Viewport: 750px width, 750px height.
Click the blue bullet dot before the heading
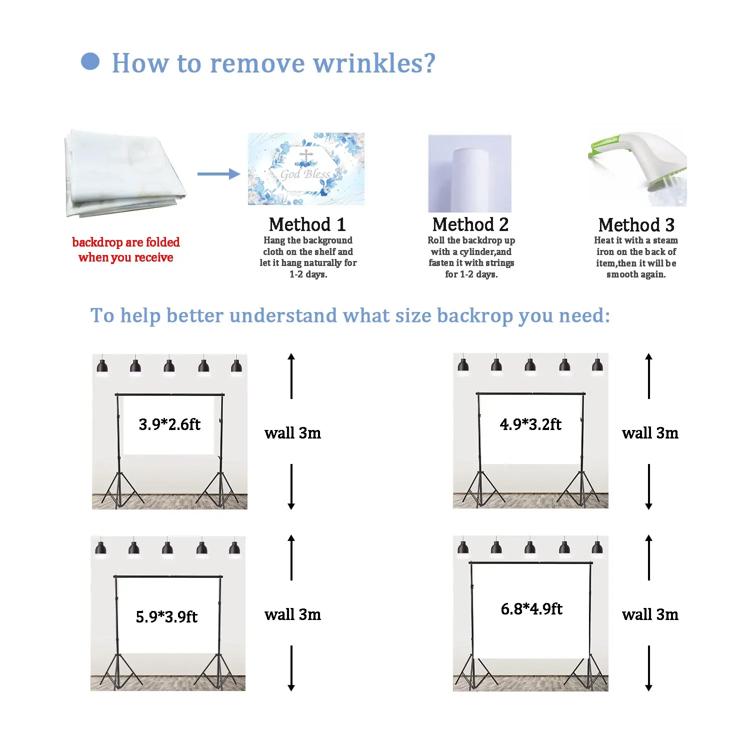coord(90,61)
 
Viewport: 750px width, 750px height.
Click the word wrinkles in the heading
coord(374,63)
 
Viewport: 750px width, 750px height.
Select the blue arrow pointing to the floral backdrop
coord(218,174)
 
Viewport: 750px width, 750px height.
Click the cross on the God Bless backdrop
coord(306,156)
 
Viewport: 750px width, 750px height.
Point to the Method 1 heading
coord(307,224)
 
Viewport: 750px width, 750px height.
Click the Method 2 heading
coord(470,224)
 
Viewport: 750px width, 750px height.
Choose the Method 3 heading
coord(636,225)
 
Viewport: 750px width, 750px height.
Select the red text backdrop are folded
coord(125,242)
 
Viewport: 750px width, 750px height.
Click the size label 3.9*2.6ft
coord(169,424)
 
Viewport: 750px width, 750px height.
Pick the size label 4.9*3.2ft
coord(530,424)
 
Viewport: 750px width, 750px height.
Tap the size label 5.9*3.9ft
coord(166,616)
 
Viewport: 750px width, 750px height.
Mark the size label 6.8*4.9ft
coord(531,609)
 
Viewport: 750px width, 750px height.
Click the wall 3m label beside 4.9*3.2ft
coord(650,433)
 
